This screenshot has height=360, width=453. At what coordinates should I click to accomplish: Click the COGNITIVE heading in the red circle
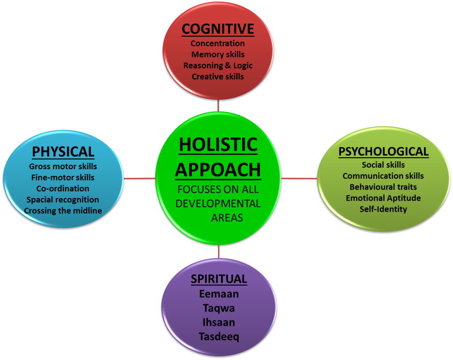point(218,29)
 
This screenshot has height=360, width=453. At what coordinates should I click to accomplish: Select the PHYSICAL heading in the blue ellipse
point(63,152)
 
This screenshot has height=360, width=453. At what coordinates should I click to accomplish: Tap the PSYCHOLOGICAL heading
point(384,151)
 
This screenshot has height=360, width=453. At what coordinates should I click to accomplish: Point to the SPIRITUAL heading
point(219,279)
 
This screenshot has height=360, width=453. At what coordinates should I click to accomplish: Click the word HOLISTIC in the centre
point(218,145)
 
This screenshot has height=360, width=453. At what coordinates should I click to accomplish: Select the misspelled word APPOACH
point(218,170)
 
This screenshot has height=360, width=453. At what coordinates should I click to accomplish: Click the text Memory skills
point(218,54)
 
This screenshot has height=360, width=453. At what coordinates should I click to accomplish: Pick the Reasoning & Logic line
point(218,66)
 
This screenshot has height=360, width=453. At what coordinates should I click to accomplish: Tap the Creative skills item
point(218,77)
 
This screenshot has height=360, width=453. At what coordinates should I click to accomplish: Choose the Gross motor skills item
point(63,166)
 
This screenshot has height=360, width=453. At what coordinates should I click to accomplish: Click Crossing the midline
point(63,211)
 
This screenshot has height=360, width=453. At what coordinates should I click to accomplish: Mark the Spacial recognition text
point(63,200)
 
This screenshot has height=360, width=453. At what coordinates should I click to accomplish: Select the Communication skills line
point(383,176)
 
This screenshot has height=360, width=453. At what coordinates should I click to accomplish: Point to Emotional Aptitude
point(383,198)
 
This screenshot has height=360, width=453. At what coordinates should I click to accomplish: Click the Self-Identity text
point(383,209)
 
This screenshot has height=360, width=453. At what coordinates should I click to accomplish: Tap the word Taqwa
point(219,308)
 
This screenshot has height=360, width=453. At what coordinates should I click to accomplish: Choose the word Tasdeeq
point(219,337)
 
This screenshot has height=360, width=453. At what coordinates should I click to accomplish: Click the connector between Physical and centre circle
point(139,178)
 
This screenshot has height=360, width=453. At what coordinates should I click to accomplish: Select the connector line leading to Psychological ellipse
point(299,178)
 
